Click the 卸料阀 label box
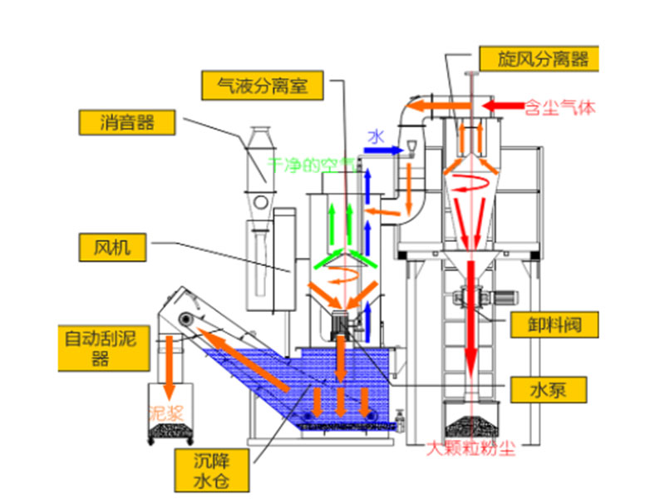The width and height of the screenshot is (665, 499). [x=554, y=324]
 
